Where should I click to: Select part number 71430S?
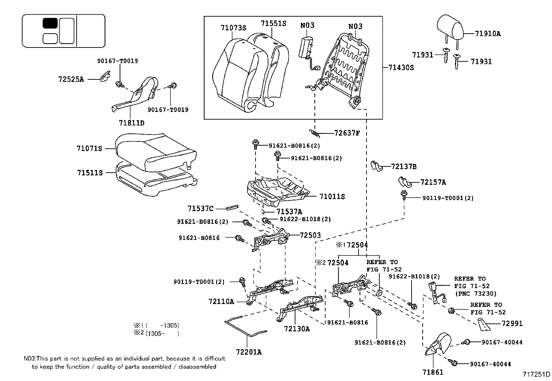point(401,68)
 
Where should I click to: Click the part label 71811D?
point(131,123)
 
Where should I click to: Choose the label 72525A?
point(71,79)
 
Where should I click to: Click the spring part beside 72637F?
point(314,132)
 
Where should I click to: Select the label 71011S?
point(332,197)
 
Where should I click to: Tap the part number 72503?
point(310,235)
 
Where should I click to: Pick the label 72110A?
point(221,301)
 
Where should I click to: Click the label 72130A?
point(297,329)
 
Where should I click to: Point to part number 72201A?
point(249,352)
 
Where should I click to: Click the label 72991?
point(512,323)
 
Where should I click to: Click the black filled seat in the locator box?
point(50,23)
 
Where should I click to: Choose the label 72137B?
point(404,166)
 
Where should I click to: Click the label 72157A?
point(433,182)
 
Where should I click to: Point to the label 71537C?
point(200,208)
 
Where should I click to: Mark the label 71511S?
point(90,172)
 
